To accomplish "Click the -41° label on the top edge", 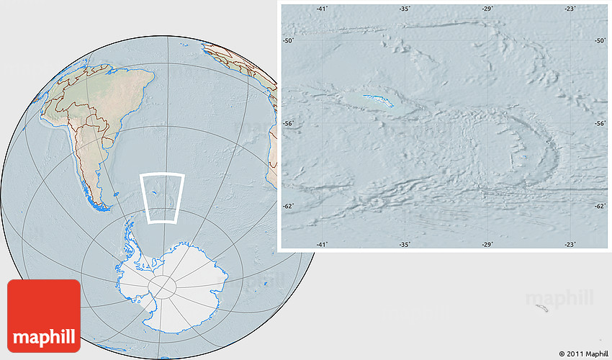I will tap(322, 9).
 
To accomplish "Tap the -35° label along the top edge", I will tap(405, 9).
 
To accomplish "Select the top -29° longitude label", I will tap(488, 9).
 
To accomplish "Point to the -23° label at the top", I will tap(570, 9).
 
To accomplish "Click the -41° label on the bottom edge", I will tap(322, 245).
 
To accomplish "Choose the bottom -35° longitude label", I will tap(405, 245).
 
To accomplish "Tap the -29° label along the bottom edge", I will tap(488, 245).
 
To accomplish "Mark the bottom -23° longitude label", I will tap(570, 245).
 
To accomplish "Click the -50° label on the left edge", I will tap(288, 41).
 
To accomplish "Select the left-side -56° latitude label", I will tap(288, 124).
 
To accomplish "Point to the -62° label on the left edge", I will tap(288, 207).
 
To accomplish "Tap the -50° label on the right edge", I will tap(600, 41).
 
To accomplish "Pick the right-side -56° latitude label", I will tap(600, 124).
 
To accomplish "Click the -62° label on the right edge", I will tap(600, 207).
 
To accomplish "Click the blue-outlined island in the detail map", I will tap(379, 101).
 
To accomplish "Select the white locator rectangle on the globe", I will tap(163, 197).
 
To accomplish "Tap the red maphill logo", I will tap(44, 315).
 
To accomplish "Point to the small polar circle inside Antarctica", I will tap(162, 287).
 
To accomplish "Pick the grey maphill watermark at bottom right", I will tap(559, 297).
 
